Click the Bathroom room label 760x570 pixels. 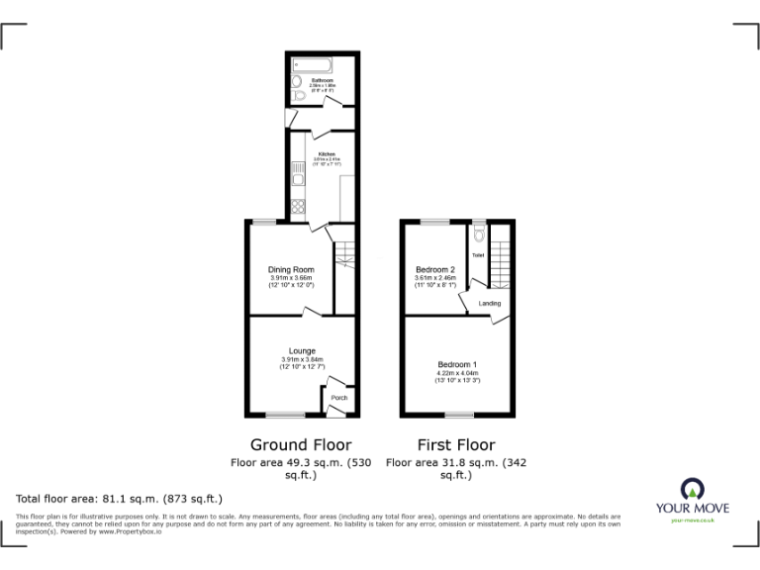(323, 79)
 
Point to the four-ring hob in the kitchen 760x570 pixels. (298, 207)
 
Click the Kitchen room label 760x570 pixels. (327, 153)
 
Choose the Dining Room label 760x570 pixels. (291, 269)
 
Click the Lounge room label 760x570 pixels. (302, 350)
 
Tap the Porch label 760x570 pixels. (339, 398)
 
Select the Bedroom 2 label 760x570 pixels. (434, 269)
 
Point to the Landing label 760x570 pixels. (490, 304)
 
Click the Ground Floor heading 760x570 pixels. (301, 445)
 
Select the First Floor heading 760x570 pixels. (456, 445)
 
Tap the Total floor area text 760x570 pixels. (120, 499)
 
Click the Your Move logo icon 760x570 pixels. (692, 488)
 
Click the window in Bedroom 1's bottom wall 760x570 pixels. (458, 413)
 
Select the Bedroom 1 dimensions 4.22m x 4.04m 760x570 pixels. (458, 373)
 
